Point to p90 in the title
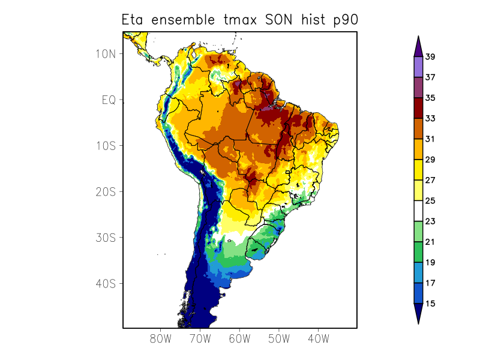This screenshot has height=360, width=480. [346, 20]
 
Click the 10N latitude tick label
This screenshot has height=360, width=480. [106, 54]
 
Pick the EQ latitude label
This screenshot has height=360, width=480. [108, 100]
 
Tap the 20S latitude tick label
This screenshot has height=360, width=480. [106, 191]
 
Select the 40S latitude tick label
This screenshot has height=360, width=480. [106, 283]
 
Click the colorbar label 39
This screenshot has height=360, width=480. [430, 57]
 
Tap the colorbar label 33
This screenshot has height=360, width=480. [430, 119]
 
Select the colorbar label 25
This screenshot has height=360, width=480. [430, 201]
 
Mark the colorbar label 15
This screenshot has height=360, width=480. [430, 304]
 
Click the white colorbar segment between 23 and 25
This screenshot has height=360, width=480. [418, 211]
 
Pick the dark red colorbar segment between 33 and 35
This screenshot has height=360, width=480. [418, 109]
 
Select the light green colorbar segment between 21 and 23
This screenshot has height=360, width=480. [418, 232]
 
